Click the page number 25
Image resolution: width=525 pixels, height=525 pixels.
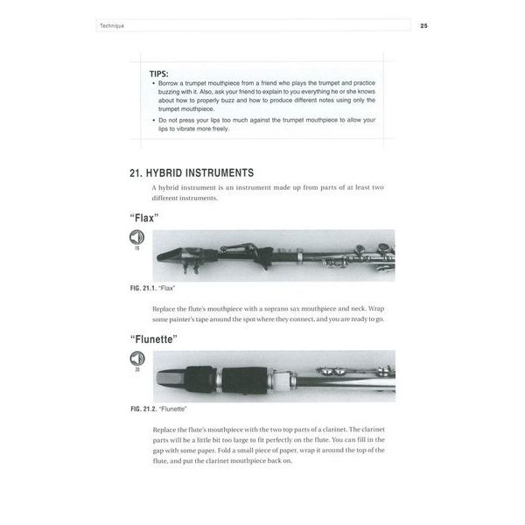click(x=423, y=26)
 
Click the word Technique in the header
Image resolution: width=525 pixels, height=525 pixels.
click(x=112, y=26)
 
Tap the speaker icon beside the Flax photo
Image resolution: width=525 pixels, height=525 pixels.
click(x=137, y=238)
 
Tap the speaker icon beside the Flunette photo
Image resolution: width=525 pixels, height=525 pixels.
click(x=137, y=358)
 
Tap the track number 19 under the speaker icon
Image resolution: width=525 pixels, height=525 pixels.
click(x=137, y=249)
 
